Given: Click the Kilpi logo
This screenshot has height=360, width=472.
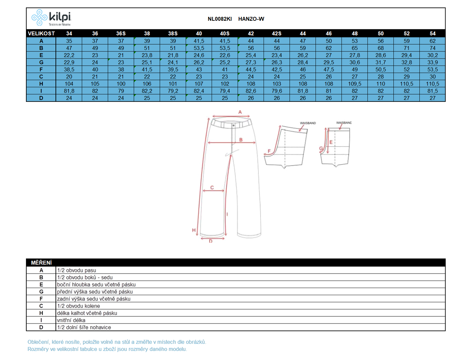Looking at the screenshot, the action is [x=51, y=18].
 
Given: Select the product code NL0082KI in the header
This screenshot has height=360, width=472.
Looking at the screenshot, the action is [x=219, y=19].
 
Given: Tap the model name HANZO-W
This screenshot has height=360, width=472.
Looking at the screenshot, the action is [x=251, y=19].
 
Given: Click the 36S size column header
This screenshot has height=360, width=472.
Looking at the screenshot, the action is [x=121, y=33].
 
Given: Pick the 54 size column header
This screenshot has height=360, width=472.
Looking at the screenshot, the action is [x=432, y=33].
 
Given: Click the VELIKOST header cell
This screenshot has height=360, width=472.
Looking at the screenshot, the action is [x=41, y=33].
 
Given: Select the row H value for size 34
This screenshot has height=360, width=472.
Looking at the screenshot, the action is [x=69, y=84].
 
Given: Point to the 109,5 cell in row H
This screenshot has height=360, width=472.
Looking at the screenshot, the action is [x=355, y=84].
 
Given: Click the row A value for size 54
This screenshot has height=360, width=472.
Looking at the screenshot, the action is [x=432, y=41].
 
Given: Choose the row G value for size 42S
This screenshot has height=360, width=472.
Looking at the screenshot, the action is [x=277, y=62].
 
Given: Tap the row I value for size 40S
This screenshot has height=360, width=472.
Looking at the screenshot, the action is [x=225, y=91].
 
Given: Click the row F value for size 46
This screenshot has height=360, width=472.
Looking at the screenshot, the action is [x=328, y=70].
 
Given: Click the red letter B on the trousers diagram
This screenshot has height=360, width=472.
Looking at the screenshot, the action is [x=241, y=140].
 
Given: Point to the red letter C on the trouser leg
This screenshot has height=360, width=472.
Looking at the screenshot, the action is [x=212, y=187].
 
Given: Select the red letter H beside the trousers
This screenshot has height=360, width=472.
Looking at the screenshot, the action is [x=194, y=230].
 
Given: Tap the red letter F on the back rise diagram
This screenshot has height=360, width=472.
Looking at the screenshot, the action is [x=269, y=151].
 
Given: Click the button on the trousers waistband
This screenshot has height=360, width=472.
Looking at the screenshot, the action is [x=234, y=125].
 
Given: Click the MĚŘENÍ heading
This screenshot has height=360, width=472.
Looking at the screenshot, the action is [x=41, y=263].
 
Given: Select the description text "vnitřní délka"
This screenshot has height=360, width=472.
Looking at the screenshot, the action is [x=71, y=320].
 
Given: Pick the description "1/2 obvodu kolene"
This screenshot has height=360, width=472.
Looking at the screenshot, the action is [x=79, y=306].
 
